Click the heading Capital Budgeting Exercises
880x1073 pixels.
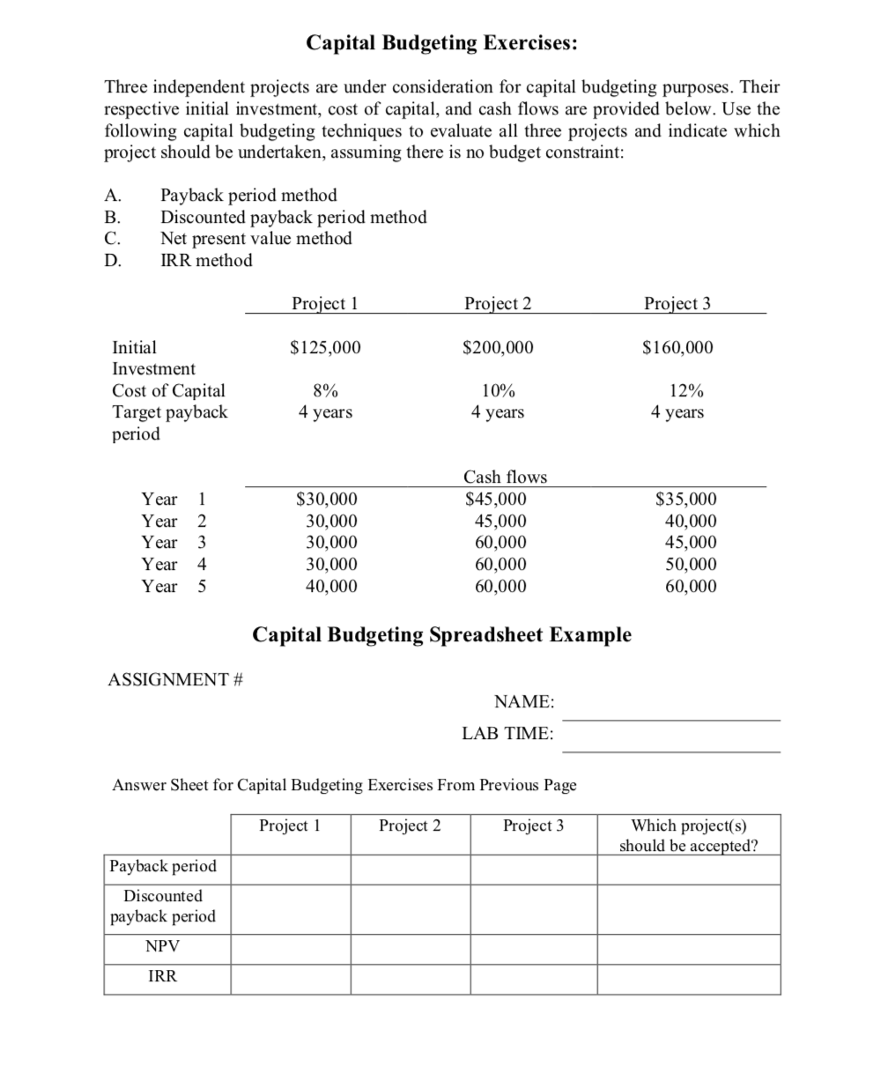tap(441, 43)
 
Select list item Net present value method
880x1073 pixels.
tap(255, 238)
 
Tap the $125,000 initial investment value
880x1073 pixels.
tap(325, 347)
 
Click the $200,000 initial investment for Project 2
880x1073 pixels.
tap(498, 347)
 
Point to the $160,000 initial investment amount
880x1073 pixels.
tap(677, 347)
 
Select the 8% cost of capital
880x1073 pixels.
tap(325, 390)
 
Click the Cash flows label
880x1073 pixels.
tap(505, 477)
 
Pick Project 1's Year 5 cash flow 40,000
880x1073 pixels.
tap(325, 586)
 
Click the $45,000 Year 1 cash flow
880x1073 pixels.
tap(497, 499)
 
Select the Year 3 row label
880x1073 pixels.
tap(174, 542)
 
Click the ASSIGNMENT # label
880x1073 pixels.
tap(175, 679)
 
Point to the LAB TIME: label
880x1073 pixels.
tap(507, 733)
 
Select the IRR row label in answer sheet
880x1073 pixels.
tap(162, 976)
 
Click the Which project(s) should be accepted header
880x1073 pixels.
tap(688, 835)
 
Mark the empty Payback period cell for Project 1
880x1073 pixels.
tap(291, 867)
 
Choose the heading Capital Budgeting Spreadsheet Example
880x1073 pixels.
tap(441, 634)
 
